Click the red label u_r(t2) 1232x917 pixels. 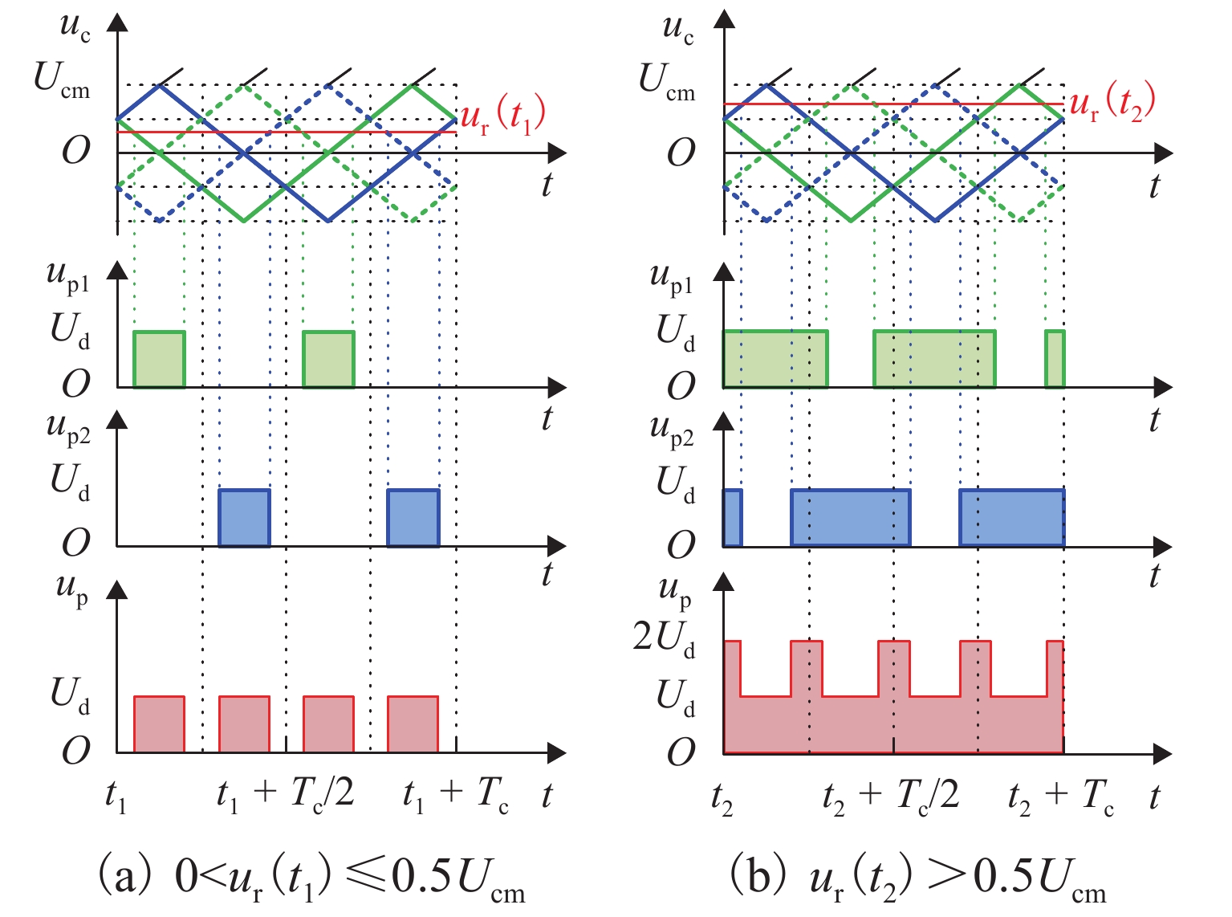[x=1112, y=103]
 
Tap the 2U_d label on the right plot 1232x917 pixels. [x=664, y=638]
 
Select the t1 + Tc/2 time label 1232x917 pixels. [x=285, y=796]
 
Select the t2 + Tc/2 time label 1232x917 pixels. [x=891, y=796]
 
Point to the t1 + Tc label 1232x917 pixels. [x=455, y=796]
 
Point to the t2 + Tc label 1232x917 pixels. [x=1061, y=796]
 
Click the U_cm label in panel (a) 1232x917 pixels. [x=62, y=80]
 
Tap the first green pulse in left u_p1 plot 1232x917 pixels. [x=159, y=359]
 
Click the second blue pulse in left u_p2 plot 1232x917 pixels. [x=413, y=518]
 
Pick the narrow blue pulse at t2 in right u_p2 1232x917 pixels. [x=733, y=518]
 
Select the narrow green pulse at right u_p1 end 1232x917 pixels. [x=1055, y=359]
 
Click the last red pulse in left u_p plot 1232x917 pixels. [x=413, y=724]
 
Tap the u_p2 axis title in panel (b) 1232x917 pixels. [x=673, y=431]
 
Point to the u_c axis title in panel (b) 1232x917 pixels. [x=678, y=29]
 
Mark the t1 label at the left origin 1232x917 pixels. [x=116, y=797]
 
